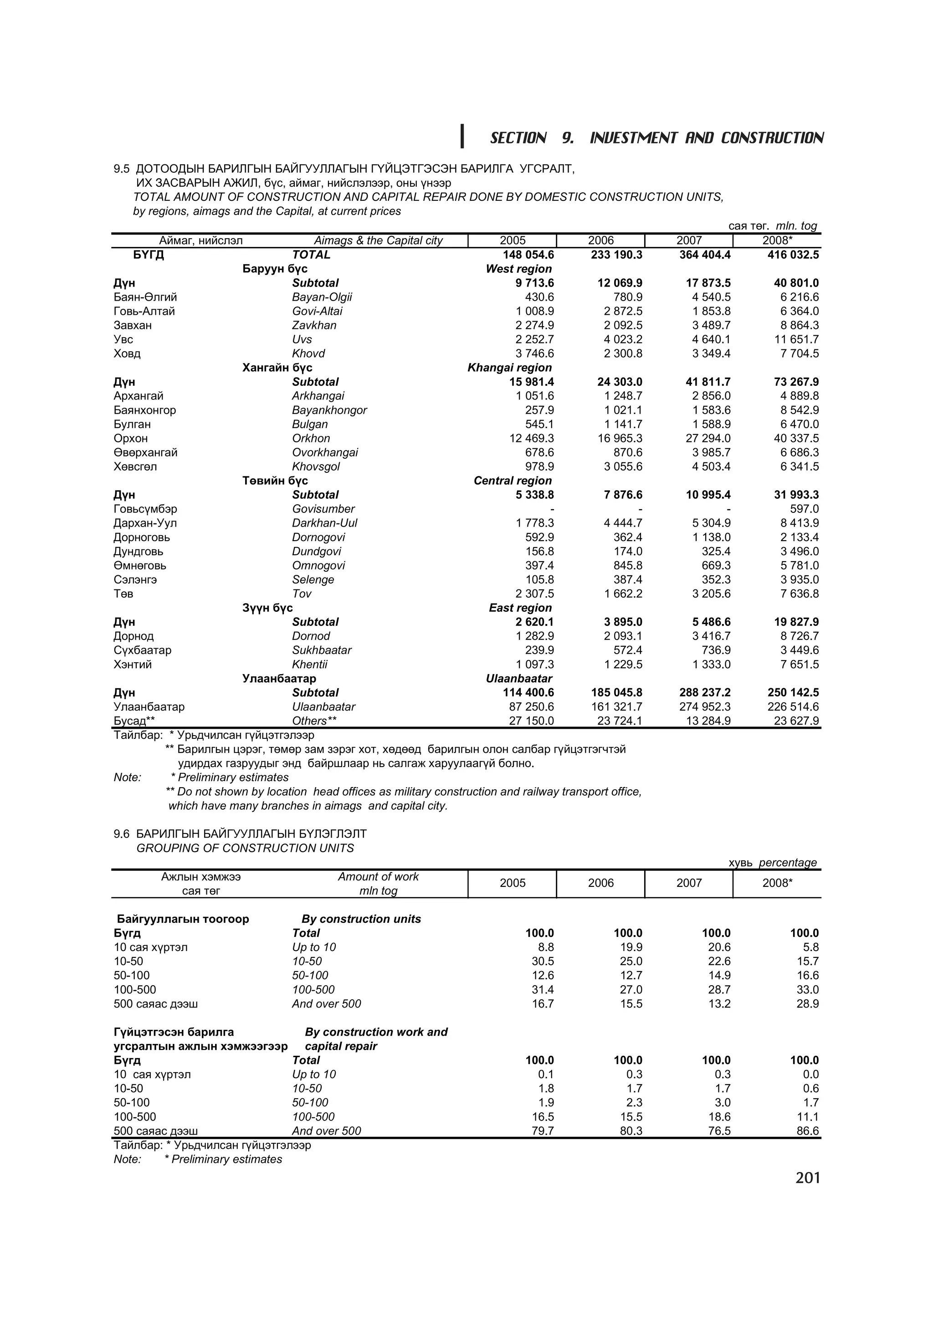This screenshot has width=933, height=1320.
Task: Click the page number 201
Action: pos(807,1178)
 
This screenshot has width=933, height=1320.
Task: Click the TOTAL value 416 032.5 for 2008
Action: pos(793,255)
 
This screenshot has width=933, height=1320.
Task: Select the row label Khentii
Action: pos(309,665)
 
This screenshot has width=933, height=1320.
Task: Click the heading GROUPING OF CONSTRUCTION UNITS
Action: pos(245,848)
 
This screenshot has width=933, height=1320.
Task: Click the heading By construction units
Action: pos(360,919)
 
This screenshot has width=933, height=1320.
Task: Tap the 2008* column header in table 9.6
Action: pos(777,883)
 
